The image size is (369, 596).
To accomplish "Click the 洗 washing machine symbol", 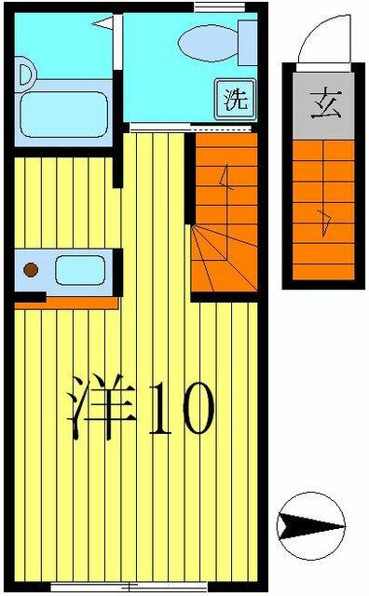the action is pyautogui.click(x=235, y=100).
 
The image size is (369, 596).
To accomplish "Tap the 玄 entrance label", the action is pyautogui.click(x=325, y=103).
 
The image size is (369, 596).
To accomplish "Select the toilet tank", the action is pyautogui.click(x=248, y=43).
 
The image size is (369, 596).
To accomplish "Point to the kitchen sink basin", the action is pyautogui.click(x=80, y=270).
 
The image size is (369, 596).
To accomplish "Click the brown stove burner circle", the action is pyautogui.click(x=31, y=270).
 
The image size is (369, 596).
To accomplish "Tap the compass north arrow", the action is pyautogui.click(x=311, y=526).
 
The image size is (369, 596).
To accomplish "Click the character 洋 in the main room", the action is pyautogui.click(x=102, y=407).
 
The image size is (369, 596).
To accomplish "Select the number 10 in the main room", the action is pyautogui.click(x=182, y=408).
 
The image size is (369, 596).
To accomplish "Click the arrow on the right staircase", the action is pyautogui.click(x=326, y=224).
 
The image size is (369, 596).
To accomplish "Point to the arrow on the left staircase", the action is pyautogui.click(x=225, y=179).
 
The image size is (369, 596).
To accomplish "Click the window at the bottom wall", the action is pyautogui.click(x=129, y=587).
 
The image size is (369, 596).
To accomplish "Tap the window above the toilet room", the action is pyautogui.click(x=219, y=7).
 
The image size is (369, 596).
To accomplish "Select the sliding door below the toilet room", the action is pyautogui.click(x=190, y=128).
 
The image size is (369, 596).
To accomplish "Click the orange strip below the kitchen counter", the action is pyautogui.click(x=66, y=303).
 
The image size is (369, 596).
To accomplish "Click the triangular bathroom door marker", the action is pyautogui.click(x=102, y=22).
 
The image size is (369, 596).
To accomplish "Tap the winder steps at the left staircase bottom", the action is pyautogui.click(x=224, y=259).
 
